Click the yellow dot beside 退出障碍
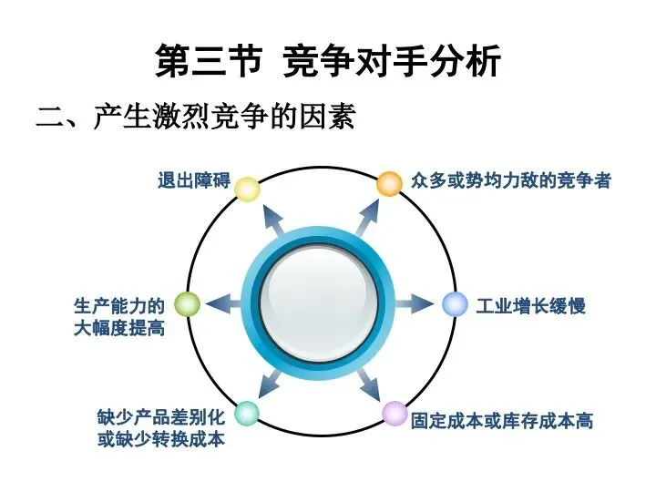click(247, 190)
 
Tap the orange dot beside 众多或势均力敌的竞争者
click(390, 184)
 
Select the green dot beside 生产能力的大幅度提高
click(187, 304)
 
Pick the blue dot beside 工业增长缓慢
click(455, 304)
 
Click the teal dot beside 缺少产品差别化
click(247, 414)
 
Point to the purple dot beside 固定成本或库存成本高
click(395, 414)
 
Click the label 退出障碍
click(194, 180)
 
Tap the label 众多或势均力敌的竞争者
click(511, 180)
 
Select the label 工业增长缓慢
click(530, 306)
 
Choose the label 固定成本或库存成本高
click(502, 420)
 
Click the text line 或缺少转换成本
click(161, 439)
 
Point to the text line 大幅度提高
click(119, 328)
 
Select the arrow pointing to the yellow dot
click(273, 219)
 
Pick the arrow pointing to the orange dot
click(366, 217)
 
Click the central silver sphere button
click(319, 303)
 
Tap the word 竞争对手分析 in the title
click(392, 61)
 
